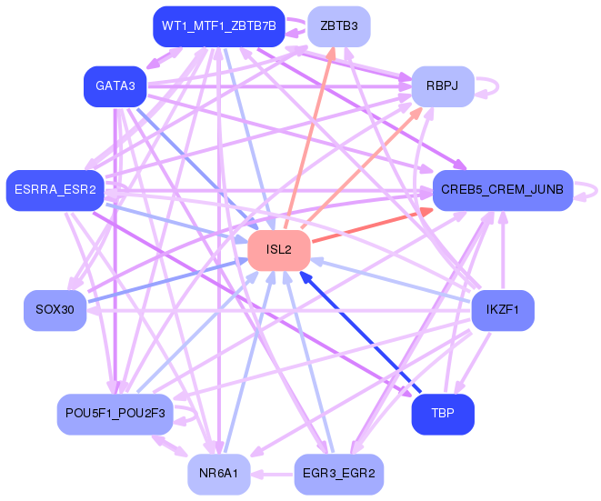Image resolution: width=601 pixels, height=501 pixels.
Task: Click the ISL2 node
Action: coord(279,250)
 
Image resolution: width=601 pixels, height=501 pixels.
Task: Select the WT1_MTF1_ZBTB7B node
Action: coord(219,26)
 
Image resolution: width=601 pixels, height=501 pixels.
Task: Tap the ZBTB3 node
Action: coord(339,26)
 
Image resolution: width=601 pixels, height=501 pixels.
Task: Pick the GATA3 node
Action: coord(115,86)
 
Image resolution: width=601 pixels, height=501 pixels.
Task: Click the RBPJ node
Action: coord(443,86)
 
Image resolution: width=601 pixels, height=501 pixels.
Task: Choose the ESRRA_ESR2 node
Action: coord(55,190)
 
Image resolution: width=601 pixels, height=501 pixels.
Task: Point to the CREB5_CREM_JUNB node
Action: coord(503,190)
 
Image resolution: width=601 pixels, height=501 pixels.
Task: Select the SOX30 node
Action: coord(55,310)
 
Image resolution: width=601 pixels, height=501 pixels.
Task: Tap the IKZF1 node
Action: coord(503,310)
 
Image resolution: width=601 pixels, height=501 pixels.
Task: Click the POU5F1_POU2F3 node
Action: coord(115,414)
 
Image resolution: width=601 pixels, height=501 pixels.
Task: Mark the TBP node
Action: coord(443,414)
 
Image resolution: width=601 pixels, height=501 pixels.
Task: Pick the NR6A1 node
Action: coord(219,474)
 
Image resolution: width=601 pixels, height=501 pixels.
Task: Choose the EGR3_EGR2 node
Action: coord(339,474)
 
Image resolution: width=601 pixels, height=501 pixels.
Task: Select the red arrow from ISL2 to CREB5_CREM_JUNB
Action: coord(373,225)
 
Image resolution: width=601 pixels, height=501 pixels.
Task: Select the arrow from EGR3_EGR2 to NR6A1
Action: coord(272,475)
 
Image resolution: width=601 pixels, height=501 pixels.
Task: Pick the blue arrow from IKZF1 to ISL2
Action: coord(391,281)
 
